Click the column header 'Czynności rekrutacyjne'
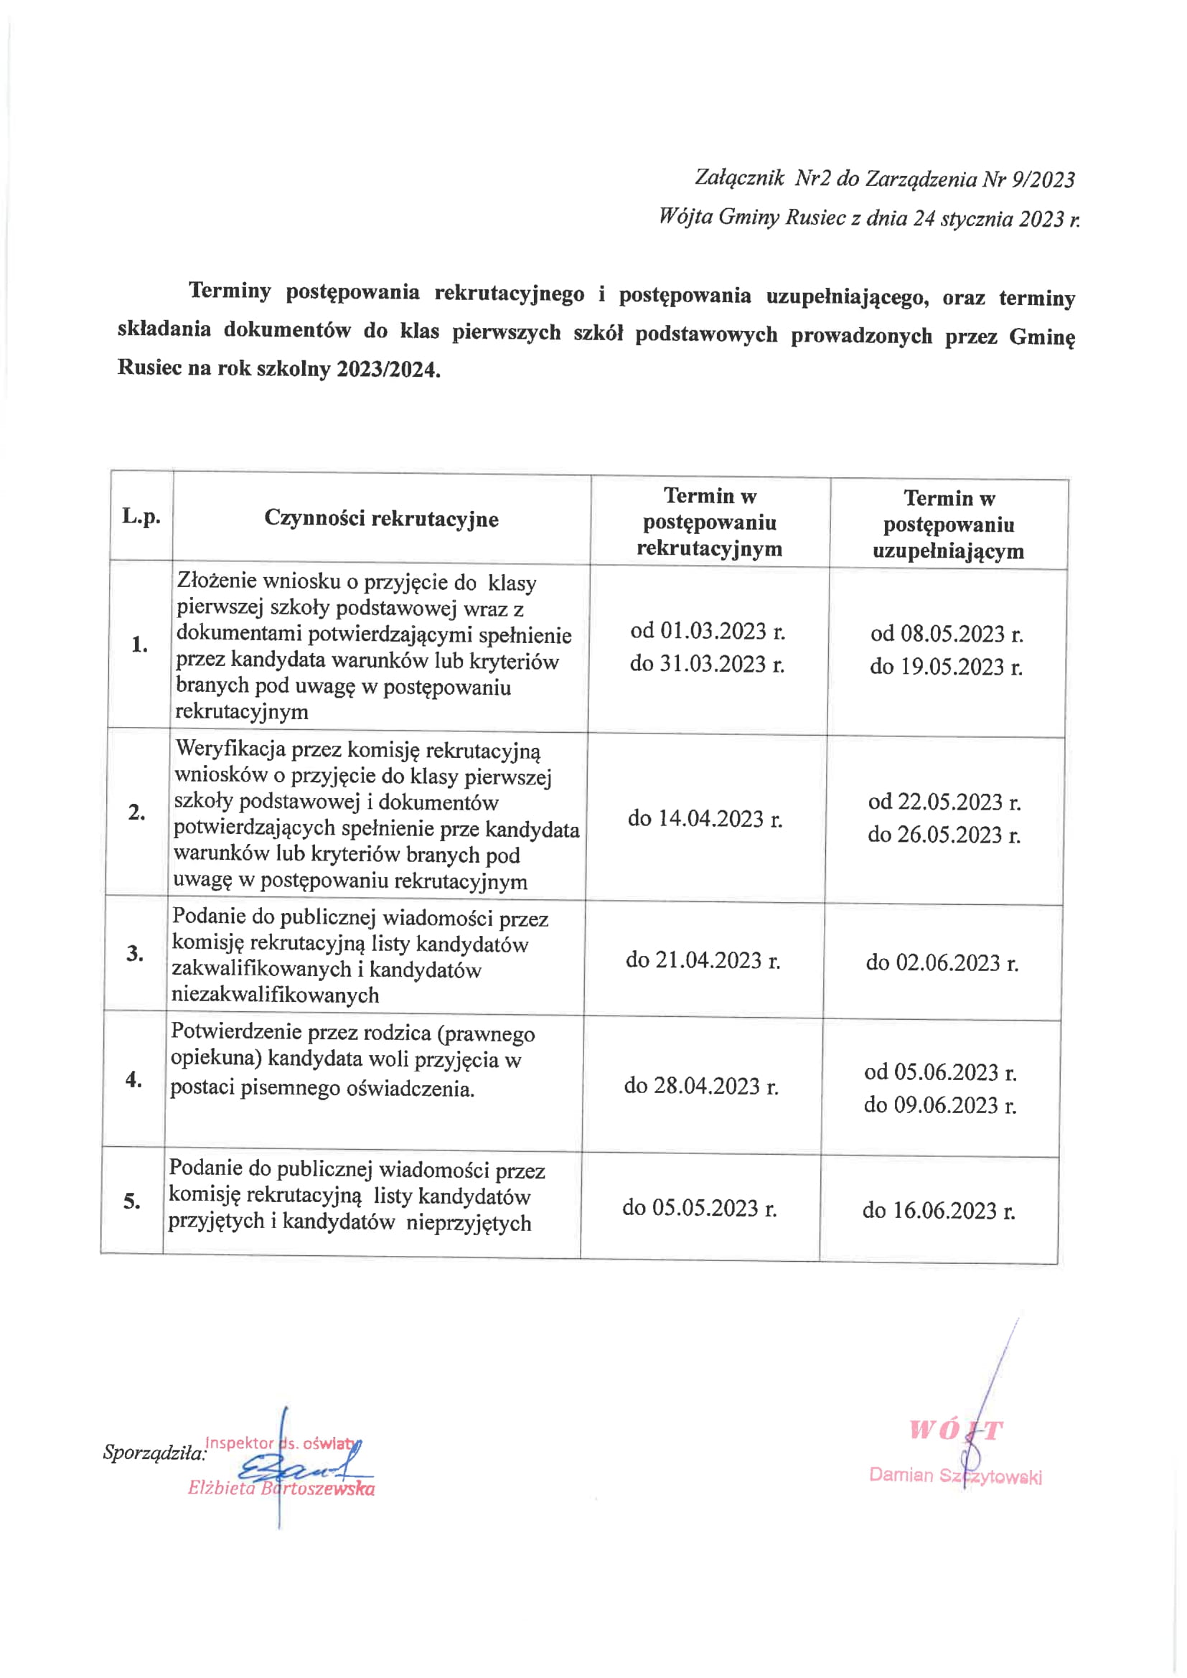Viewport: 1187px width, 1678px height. pos(381,518)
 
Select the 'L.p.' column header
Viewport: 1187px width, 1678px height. pos(141,516)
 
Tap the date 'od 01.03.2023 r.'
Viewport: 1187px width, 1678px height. pos(708,631)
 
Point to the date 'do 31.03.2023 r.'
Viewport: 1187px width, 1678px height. pos(707,664)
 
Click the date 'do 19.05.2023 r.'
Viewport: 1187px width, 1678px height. pos(946,667)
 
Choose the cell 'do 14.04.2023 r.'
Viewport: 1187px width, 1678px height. pos(705,818)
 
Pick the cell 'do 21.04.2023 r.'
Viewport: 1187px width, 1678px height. pos(703,960)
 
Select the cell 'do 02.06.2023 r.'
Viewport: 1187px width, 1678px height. pos(942,962)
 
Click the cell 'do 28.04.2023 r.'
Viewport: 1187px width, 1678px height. pos(701,1086)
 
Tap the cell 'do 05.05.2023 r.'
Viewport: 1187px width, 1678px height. pos(700,1208)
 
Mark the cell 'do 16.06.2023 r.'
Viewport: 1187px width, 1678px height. pos(939,1210)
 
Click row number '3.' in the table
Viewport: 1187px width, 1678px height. pos(135,953)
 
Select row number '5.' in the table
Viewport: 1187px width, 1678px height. pos(132,1201)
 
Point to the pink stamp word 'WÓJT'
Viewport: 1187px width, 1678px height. pos(955,1430)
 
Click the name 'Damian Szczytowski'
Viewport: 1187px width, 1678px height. pos(955,1476)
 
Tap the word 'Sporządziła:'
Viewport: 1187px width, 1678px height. pos(154,1452)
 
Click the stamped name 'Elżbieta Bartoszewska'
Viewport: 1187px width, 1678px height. pos(281,1488)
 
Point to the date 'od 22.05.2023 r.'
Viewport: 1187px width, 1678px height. pos(944,802)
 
